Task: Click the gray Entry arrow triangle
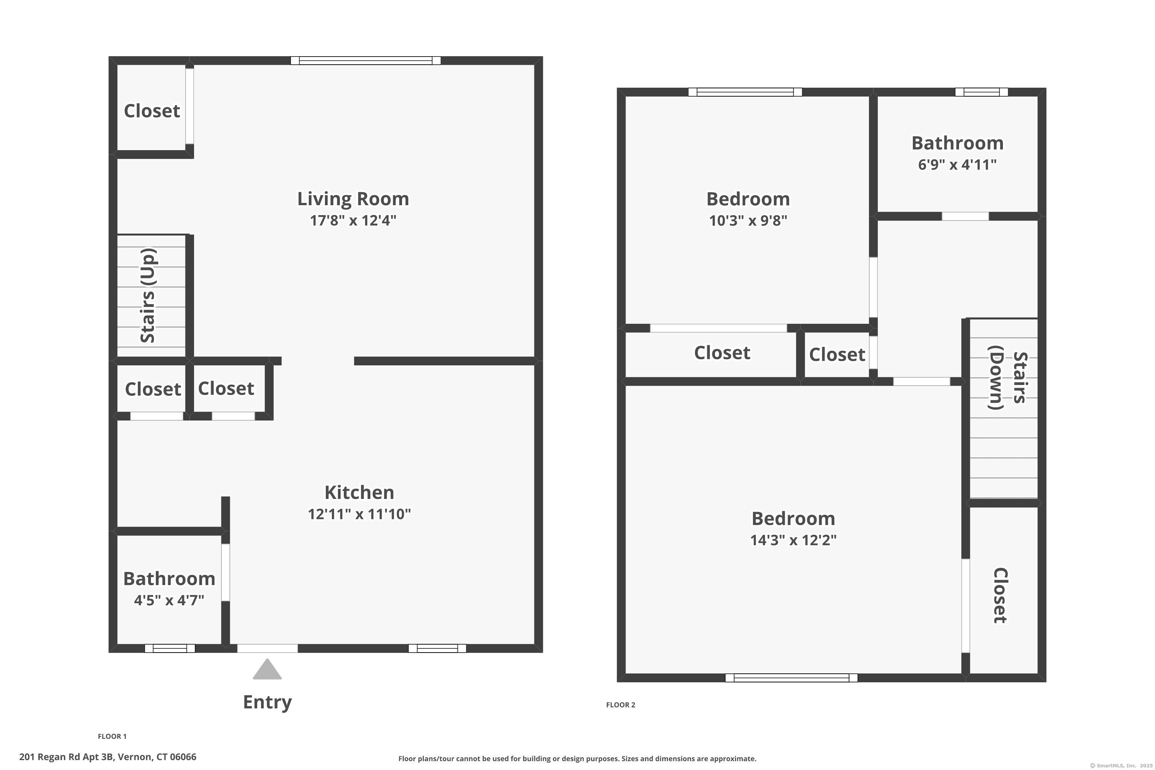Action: (267, 670)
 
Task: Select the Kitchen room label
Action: (359, 492)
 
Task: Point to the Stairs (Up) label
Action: (148, 295)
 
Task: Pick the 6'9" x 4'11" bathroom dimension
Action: (957, 164)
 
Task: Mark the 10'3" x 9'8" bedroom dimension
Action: (748, 221)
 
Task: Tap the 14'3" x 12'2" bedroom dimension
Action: (793, 540)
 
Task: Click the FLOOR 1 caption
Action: (112, 736)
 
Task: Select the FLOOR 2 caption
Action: (620, 705)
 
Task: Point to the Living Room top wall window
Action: (365, 61)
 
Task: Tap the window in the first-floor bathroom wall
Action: (169, 648)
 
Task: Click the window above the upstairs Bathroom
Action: (981, 92)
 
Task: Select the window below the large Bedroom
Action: (791, 678)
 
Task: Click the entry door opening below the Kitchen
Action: (268, 648)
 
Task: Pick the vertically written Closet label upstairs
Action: (1000, 595)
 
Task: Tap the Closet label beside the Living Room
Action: (152, 111)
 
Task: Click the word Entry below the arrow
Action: (267, 702)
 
